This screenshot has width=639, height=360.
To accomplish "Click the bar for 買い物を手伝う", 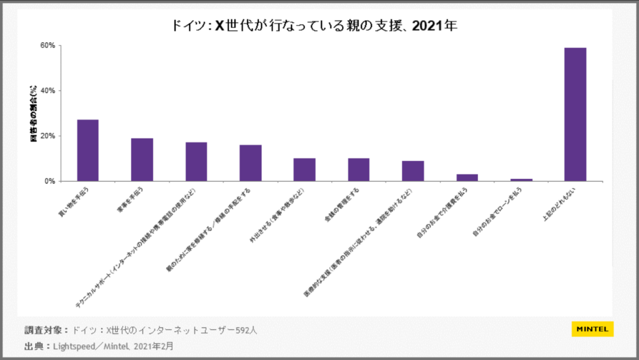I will pos(87,150).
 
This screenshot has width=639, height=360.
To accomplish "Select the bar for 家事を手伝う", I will pos(142,160).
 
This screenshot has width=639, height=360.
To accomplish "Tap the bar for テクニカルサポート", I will pos(196,162).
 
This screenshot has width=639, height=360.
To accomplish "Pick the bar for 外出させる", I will pos(305,170).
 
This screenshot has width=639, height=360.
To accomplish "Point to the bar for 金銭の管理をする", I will pos(359,170).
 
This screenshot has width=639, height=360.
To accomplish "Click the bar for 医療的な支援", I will pos(413,171).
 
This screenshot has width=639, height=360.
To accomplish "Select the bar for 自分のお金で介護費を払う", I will pos(467,178).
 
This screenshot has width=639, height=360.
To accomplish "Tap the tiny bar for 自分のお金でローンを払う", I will pos(521,180).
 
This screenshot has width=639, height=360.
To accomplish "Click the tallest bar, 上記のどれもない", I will pos(575,114).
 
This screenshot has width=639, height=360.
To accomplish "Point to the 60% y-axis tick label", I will pos(48,46).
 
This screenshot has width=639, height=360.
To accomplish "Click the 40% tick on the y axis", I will pos(48,90).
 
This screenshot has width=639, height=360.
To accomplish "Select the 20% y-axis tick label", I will pos(48,136).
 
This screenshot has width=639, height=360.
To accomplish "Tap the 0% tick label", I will pos(51,181).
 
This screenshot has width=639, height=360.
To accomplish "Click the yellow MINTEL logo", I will pos(592,329).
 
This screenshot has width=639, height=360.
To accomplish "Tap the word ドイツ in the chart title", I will pos(187,26).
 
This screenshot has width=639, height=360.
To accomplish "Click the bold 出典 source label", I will pos(34,345).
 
